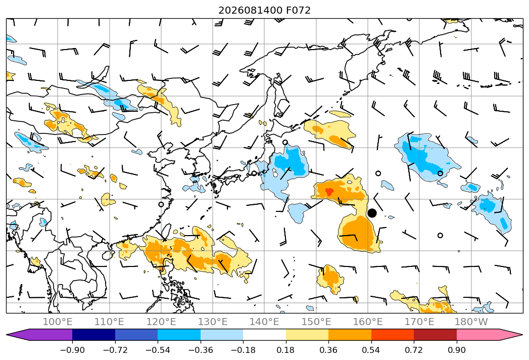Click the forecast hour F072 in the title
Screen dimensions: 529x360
point(298,10)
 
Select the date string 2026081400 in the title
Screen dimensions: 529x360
point(250,10)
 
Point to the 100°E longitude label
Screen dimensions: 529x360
point(58,322)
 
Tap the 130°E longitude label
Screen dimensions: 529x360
point(213,322)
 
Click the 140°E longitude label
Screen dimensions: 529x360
point(264,322)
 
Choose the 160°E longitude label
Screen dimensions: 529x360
point(368,322)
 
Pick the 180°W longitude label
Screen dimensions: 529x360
point(471,322)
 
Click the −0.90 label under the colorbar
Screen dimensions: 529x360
point(72,350)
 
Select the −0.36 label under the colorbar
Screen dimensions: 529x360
point(201,350)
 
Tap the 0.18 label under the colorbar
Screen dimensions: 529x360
point(285,350)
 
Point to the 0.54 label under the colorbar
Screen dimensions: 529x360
point(371,350)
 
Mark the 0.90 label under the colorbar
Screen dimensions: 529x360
point(456,350)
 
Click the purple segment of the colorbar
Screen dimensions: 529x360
point(40,334)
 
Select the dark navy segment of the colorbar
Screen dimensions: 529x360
point(93,334)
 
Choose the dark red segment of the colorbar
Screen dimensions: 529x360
point(435,334)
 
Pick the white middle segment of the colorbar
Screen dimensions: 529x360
point(265,334)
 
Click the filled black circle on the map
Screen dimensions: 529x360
point(372,213)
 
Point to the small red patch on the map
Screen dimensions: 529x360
point(329,192)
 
